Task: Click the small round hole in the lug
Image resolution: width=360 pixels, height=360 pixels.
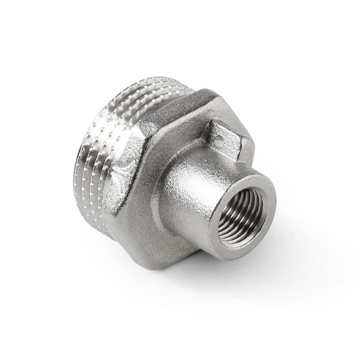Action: point(218,141)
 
